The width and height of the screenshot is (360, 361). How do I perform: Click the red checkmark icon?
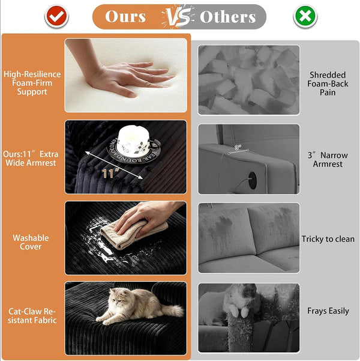[56, 16]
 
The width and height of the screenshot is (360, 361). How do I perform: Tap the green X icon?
[305, 16]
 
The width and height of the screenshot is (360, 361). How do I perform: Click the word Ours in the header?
[125, 17]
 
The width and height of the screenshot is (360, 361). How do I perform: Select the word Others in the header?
[228, 17]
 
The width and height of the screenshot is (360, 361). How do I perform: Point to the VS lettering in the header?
[178, 17]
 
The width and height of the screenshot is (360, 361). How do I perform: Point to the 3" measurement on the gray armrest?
[238, 147]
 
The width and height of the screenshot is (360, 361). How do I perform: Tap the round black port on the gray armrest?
[253, 180]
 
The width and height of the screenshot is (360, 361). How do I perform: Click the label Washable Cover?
[31, 242]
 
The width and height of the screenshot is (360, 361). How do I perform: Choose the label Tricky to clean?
[328, 239]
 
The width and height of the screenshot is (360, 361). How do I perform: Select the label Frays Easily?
[328, 311]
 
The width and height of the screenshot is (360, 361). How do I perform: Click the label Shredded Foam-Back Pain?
[328, 83]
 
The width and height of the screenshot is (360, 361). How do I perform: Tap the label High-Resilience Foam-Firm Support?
[32, 83]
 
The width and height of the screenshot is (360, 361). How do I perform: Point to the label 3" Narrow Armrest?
[328, 160]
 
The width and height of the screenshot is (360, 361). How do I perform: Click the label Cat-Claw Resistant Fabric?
[32, 315]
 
